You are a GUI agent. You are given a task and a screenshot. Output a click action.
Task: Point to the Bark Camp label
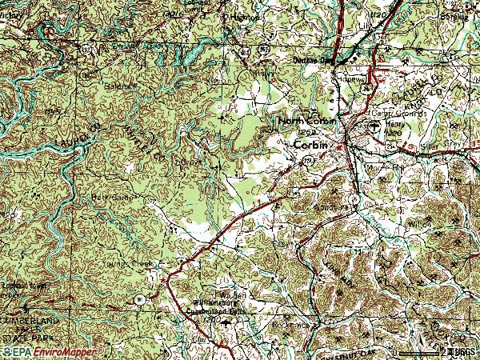112,194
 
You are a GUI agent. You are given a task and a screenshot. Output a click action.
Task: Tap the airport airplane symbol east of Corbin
374,126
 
